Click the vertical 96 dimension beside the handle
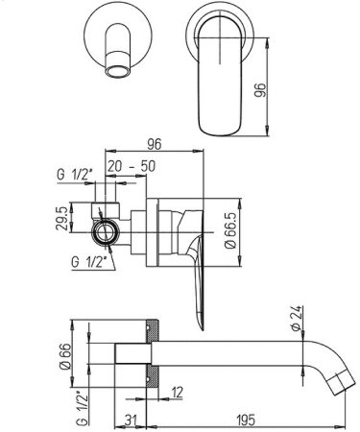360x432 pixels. tap(260, 90)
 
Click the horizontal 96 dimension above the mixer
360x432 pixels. tap(155, 144)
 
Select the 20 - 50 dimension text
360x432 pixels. tap(132, 166)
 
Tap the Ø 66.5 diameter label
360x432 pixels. tap(230, 230)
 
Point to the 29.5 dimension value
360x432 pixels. tap(61, 219)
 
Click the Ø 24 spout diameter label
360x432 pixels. tap(296, 319)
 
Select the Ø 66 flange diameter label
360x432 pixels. tap(65, 356)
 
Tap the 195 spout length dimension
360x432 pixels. tap(246, 420)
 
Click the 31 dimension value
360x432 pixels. tap(130, 420)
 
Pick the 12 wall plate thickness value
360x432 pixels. tap(177, 392)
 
